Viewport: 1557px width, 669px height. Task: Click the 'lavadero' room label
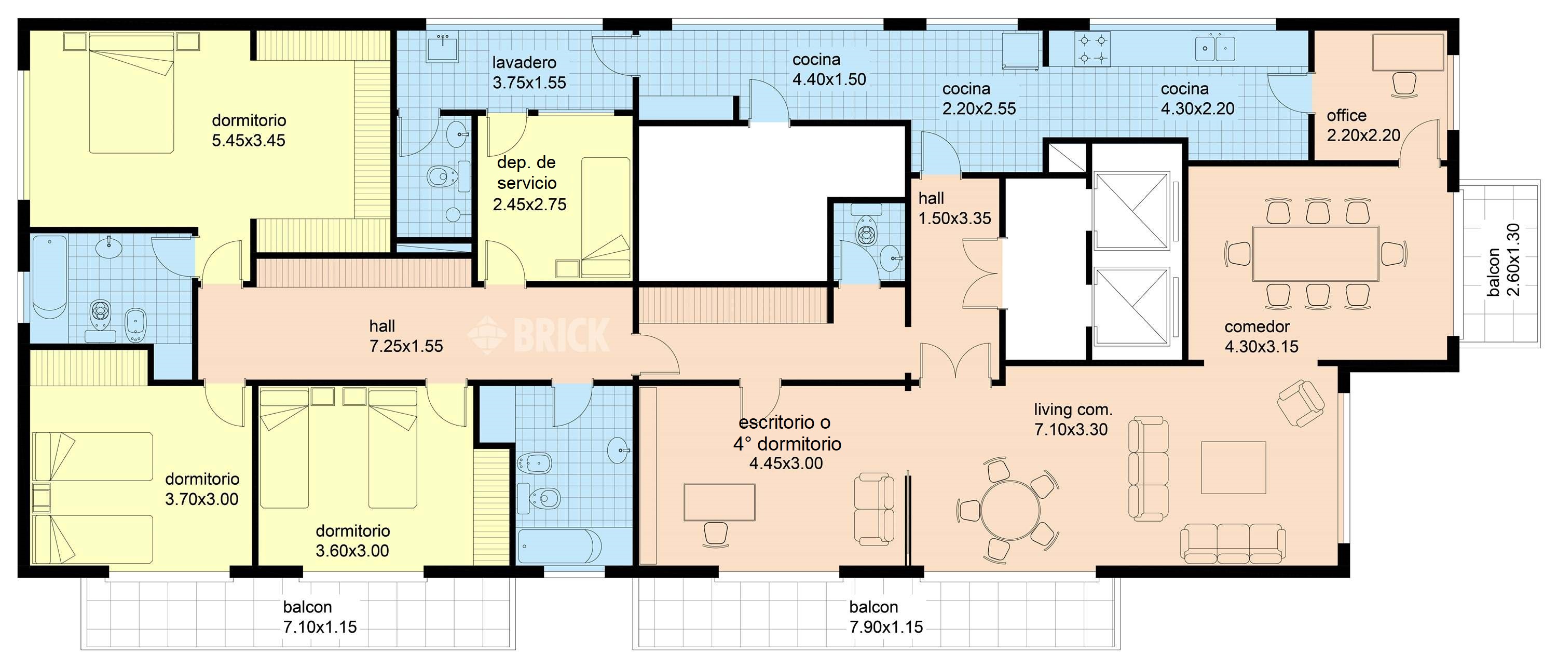(x=524, y=62)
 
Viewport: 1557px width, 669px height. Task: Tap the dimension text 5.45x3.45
(x=249, y=140)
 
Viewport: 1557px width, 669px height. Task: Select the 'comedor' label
(x=1257, y=327)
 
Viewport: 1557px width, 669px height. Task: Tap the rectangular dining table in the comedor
(x=1315, y=253)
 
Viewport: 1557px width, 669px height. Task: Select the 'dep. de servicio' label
(x=526, y=173)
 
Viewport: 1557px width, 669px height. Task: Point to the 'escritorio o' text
(x=785, y=422)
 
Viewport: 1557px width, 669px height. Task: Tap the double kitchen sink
(x=1215, y=49)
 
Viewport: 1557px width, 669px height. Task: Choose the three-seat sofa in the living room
(x=1233, y=543)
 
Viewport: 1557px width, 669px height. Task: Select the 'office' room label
(x=1347, y=115)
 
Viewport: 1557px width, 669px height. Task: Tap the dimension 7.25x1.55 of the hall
(x=406, y=346)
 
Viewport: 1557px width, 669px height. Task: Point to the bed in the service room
(x=606, y=217)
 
